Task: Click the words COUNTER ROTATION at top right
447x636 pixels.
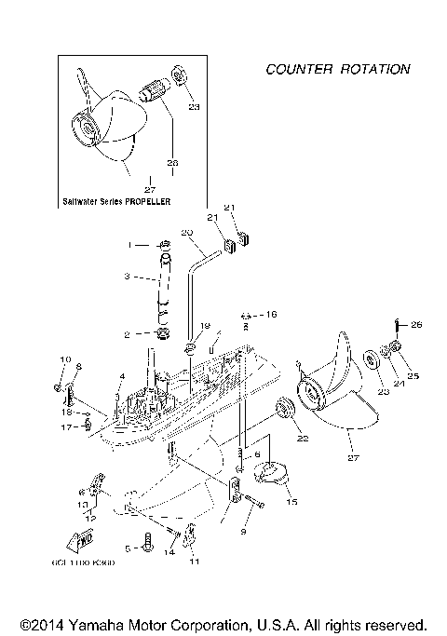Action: tap(337, 69)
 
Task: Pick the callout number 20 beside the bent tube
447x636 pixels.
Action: tap(186, 232)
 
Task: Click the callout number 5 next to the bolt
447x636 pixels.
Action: tap(128, 548)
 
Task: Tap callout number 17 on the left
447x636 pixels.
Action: tap(66, 427)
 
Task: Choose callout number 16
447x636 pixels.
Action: tap(271, 316)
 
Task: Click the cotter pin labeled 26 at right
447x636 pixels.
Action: tap(397, 326)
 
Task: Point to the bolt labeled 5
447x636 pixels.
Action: tap(147, 542)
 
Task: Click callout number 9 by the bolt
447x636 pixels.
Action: tap(244, 531)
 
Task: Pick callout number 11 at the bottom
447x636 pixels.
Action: tap(195, 562)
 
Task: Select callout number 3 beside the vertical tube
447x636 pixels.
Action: tap(128, 277)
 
